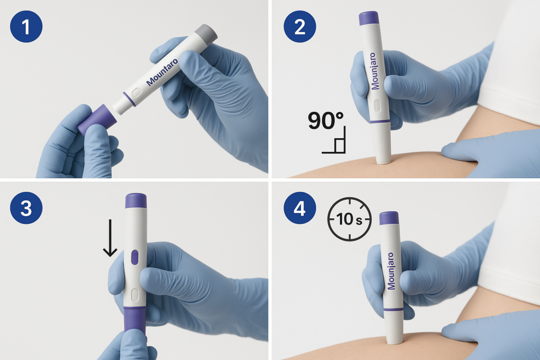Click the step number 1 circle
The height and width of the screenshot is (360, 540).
point(26,26)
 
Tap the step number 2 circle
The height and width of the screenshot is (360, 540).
point(300,26)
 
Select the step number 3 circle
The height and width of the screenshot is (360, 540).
point(26,208)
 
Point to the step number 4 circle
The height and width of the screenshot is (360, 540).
point(300,208)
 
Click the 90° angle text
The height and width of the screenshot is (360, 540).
point(325,121)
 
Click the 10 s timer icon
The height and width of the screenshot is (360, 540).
point(349,219)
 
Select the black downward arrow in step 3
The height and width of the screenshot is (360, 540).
point(110,238)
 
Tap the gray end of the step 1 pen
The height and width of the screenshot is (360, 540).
point(206,34)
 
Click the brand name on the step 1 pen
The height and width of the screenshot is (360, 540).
point(162,72)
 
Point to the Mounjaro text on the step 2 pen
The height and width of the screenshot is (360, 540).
point(373,71)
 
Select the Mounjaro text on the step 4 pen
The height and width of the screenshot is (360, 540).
point(391,271)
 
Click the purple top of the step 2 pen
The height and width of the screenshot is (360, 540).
point(369,18)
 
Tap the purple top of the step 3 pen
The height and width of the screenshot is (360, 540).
point(136,201)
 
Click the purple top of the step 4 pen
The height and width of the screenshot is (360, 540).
point(389,218)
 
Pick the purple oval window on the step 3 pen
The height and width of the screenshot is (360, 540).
point(134,257)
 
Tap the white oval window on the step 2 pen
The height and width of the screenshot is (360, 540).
point(377,106)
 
